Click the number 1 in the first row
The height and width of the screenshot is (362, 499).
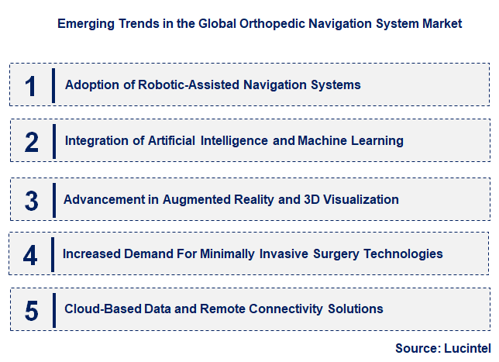(30, 85)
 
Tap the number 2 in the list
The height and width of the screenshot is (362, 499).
(31, 142)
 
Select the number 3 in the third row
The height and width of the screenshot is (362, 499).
(31, 200)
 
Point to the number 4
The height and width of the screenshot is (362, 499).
(30, 254)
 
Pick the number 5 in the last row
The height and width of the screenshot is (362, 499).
(31, 310)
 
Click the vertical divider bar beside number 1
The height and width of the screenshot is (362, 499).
(53, 84)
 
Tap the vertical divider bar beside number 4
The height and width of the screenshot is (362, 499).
(51, 253)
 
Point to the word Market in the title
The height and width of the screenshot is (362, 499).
(442, 24)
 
